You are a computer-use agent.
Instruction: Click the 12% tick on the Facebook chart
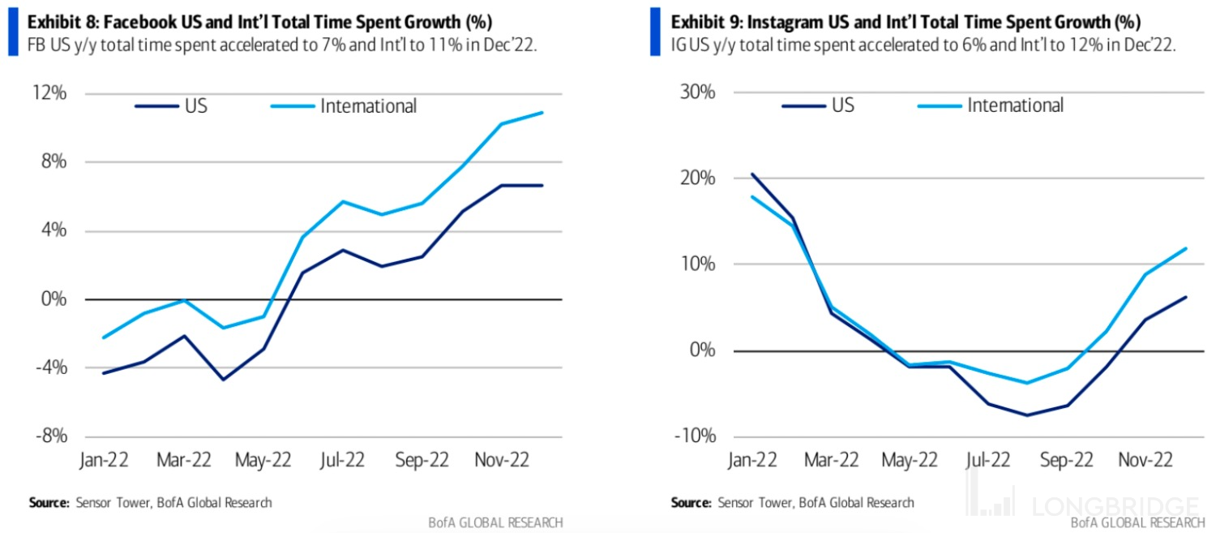(x=50, y=93)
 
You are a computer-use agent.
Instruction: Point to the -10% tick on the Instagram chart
(x=696, y=436)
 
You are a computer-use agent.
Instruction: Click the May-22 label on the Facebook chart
(x=263, y=460)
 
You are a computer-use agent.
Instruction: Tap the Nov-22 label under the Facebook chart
(x=501, y=460)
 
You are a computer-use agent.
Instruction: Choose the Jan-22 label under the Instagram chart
(x=753, y=460)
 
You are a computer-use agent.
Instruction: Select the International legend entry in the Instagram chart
(x=1015, y=105)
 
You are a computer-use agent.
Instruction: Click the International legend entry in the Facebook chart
(x=368, y=105)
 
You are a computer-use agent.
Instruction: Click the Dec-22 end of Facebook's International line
(x=542, y=113)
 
